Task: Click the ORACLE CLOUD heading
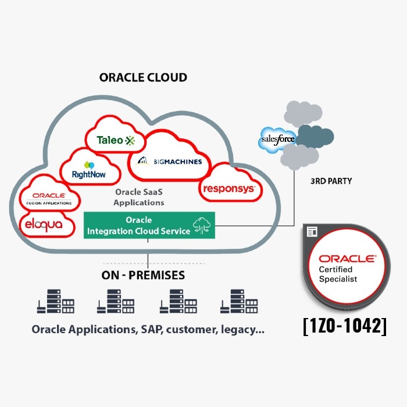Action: [x=143, y=77]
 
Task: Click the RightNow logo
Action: [x=88, y=169]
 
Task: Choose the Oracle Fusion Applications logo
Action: [x=49, y=198]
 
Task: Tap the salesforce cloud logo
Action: [x=277, y=140]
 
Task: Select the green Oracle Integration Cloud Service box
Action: [x=149, y=226]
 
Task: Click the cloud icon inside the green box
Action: [x=203, y=226]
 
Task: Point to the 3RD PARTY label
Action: [x=331, y=181]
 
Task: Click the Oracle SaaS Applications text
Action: [x=138, y=198]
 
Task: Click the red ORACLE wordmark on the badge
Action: [x=347, y=258]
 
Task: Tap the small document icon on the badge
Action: [x=312, y=231]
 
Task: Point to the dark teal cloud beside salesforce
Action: [x=315, y=137]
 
